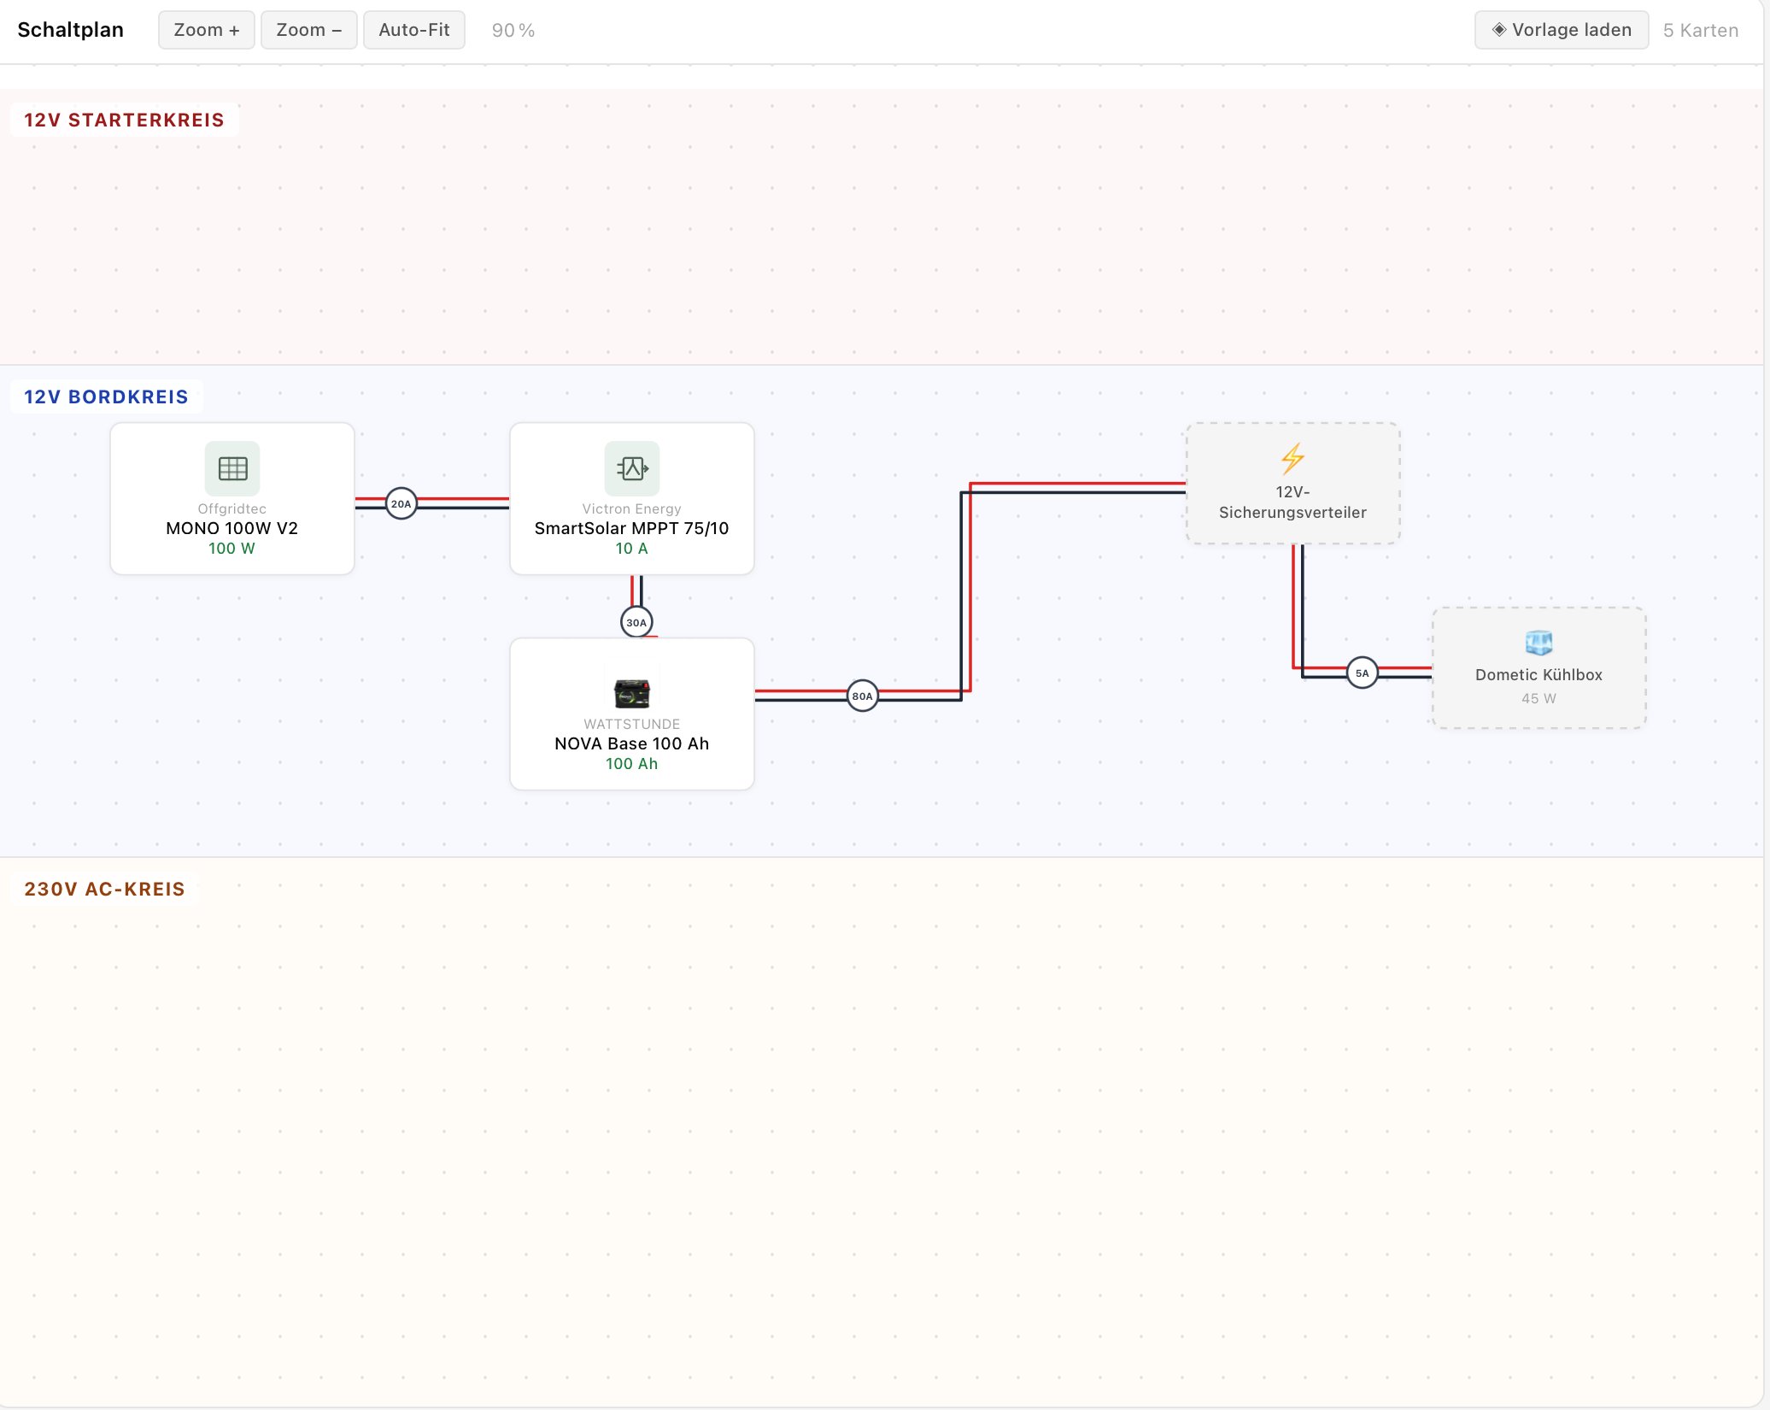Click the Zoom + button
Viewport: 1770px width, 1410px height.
click(206, 30)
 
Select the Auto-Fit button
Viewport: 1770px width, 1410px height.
click(413, 30)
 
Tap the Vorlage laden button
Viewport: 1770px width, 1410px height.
click(1561, 30)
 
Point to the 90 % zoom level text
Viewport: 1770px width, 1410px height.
click(513, 31)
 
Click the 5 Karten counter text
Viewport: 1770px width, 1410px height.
click(1700, 31)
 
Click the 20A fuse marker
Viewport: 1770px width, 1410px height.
click(401, 503)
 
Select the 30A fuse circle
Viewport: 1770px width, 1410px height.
click(636, 622)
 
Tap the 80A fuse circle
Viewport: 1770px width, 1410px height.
click(863, 696)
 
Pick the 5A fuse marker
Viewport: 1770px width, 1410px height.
click(1362, 673)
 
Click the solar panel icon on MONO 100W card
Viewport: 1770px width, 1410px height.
click(232, 468)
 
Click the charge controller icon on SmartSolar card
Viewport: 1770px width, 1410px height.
click(632, 468)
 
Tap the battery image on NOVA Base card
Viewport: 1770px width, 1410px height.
click(632, 692)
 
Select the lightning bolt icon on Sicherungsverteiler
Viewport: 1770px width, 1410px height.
click(1292, 459)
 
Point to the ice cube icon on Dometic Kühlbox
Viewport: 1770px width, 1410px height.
click(1538, 642)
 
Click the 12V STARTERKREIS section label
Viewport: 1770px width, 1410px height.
click(124, 120)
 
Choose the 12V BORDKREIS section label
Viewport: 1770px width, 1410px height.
click(106, 397)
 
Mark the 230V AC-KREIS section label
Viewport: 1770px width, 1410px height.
click(104, 889)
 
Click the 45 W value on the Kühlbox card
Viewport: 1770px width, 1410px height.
click(1538, 698)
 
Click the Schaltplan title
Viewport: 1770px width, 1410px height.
click(70, 30)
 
